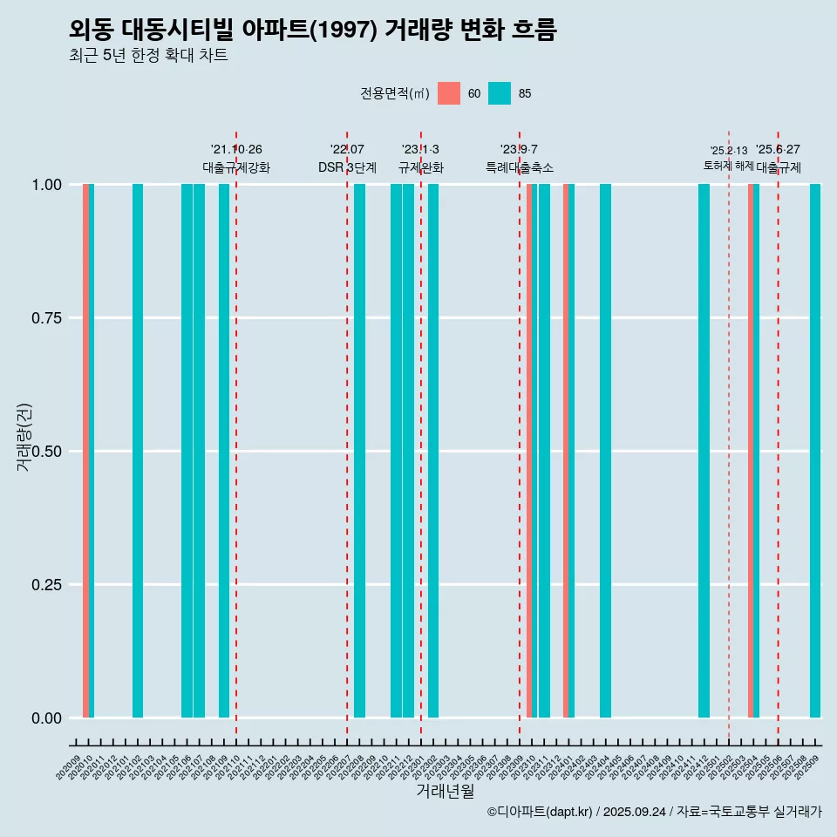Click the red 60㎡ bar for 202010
(85, 451)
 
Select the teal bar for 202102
(138, 451)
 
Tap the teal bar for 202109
(224, 451)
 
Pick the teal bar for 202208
(359, 451)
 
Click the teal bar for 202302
(433, 451)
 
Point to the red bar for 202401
(566, 451)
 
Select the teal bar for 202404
(605, 451)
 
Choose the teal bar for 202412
(704, 451)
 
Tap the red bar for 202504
(751, 451)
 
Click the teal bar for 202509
(815, 451)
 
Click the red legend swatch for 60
(449, 93)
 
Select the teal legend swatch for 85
(500, 93)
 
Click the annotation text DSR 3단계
(347, 167)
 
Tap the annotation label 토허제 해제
(728, 166)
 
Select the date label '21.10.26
(236, 150)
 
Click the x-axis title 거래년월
(445, 792)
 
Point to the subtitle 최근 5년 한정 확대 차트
(148, 56)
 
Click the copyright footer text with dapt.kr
(654, 813)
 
